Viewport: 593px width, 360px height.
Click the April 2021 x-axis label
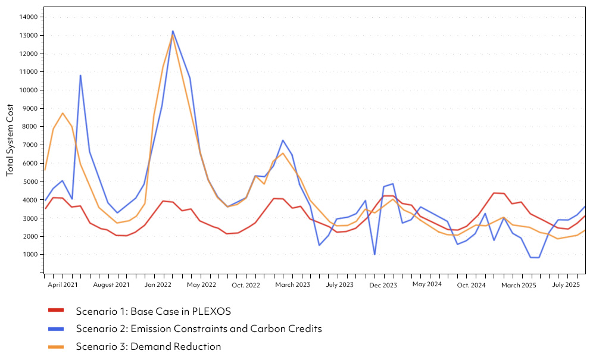click(x=63, y=285)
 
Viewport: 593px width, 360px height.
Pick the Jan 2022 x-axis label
click(x=158, y=285)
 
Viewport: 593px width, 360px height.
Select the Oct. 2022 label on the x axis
click(x=246, y=285)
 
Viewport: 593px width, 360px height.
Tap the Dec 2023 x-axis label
click(x=383, y=285)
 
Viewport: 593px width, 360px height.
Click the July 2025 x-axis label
click(x=566, y=285)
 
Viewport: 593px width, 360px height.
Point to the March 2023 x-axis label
click(x=292, y=285)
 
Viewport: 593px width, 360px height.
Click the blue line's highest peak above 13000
click(x=173, y=32)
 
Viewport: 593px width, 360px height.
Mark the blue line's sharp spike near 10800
click(x=80, y=76)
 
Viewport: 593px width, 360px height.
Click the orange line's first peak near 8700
click(x=63, y=113)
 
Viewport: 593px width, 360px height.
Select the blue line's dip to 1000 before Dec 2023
click(x=374, y=254)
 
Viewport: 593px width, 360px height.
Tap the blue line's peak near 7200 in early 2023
click(x=283, y=140)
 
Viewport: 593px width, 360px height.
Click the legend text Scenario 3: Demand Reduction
click(x=148, y=346)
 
